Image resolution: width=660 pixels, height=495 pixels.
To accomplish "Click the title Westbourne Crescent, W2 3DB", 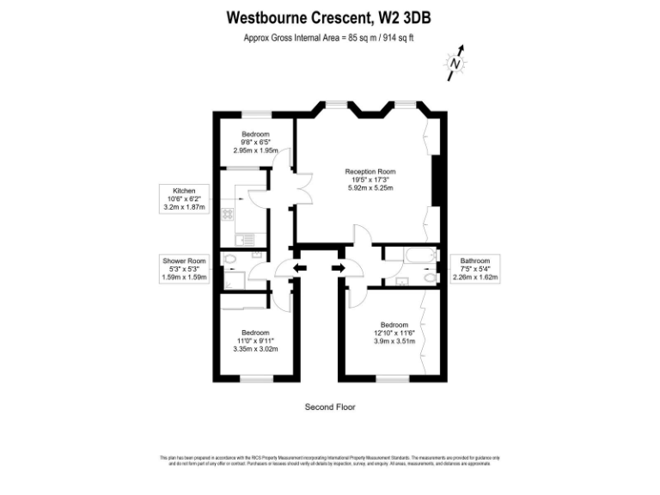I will click(334, 16).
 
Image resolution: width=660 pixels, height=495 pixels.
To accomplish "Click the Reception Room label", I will click(370, 171).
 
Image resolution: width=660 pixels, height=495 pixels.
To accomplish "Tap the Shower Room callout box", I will click(184, 269).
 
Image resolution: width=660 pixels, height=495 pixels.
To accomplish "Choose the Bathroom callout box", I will click(475, 269).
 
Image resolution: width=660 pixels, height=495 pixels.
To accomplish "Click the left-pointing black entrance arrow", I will click(298, 269).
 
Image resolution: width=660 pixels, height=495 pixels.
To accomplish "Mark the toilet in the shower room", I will click(229, 259).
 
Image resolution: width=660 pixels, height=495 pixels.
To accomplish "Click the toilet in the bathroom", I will click(430, 276).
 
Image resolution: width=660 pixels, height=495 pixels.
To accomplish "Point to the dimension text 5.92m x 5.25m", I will click(370, 187).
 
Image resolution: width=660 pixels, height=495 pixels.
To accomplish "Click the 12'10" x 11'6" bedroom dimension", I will click(394, 333).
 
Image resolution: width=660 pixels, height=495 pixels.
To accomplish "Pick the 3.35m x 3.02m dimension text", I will click(255, 349).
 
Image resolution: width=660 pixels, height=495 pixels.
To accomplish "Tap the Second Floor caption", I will click(330, 406).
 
